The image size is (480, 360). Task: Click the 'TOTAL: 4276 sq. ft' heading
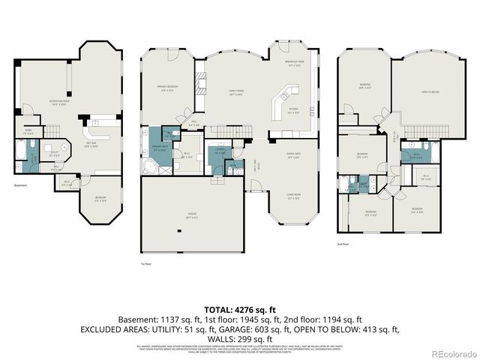pyautogui.click(x=239, y=308)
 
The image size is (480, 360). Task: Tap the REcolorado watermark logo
pyautogui.click(x=448, y=353)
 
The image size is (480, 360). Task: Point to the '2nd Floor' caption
pyautogui.click(x=343, y=244)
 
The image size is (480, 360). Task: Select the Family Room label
pyautogui.click(x=238, y=93)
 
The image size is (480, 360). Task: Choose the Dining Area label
pyautogui.click(x=293, y=156)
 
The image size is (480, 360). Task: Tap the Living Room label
pyautogui.click(x=293, y=197)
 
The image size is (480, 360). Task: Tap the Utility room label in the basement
pyautogui.click(x=55, y=155)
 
